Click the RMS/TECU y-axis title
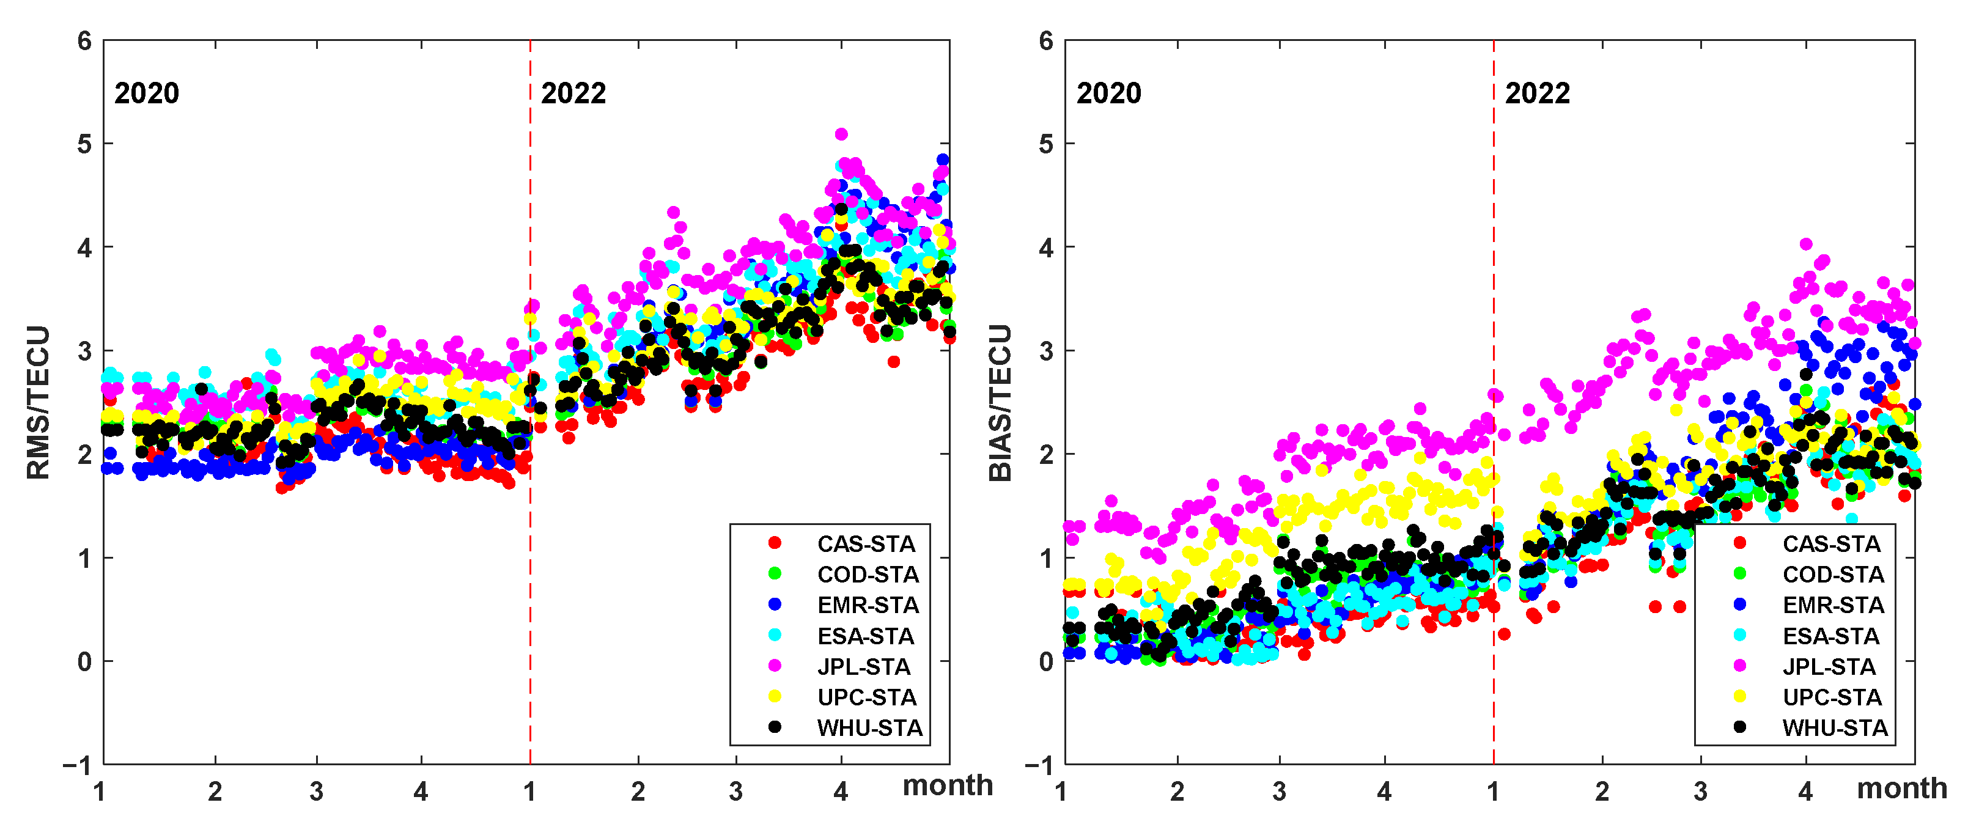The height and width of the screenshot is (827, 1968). tap(38, 402)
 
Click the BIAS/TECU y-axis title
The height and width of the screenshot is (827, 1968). tap(1000, 402)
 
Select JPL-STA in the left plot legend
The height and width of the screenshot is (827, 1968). tap(863, 667)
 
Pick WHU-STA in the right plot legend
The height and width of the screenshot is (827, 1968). tap(1834, 728)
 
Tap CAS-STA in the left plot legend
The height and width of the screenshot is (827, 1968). tap(866, 544)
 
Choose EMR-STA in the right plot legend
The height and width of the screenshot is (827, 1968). tap(1833, 605)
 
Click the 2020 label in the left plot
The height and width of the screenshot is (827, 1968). tap(147, 93)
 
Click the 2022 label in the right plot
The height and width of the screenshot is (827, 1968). tap(1537, 93)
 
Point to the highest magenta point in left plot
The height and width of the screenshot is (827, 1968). tap(841, 134)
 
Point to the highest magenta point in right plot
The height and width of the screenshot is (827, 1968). tap(1806, 244)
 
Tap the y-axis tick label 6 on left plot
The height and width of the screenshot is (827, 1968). tap(84, 41)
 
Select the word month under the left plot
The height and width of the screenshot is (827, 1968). tap(948, 785)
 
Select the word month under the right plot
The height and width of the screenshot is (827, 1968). tap(1901, 788)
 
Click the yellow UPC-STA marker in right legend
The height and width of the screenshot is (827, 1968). tap(1739, 696)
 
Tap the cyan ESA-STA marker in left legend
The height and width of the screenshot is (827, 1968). tap(775, 635)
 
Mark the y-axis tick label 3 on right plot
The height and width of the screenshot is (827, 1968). tap(1046, 351)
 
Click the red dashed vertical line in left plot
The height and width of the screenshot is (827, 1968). tap(530, 458)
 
